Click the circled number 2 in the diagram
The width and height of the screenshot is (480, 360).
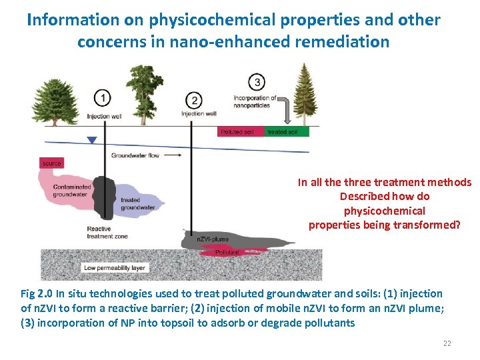pyautogui.click(x=194, y=101)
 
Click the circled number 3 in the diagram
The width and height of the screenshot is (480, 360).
pyautogui.click(x=257, y=82)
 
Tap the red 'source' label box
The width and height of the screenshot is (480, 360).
pyautogui.click(x=51, y=163)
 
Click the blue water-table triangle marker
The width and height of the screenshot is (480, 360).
pyautogui.click(x=92, y=141)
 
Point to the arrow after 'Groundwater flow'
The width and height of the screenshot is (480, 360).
pyautogui.click(x=173, y=155)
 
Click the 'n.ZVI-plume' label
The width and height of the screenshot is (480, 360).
pyautogui.click(x=213, y=239)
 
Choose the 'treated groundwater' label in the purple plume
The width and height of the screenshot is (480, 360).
pyautogui.click(x=138, y=204)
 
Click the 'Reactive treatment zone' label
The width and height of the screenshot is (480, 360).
pyautogui.click(x=107, y=233)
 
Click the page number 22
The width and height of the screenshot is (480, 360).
pyautogui.click(x=447, y=344)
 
